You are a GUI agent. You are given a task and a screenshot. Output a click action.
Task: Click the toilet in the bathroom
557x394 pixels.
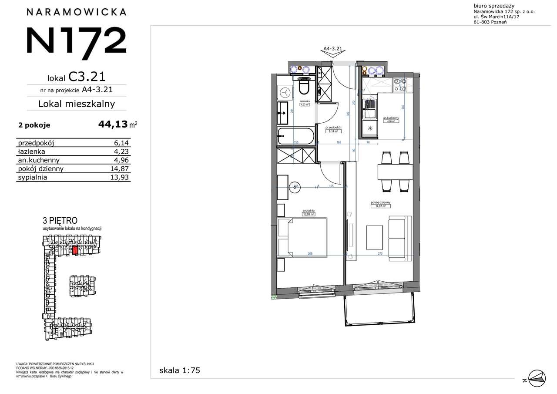(x=304, y=88)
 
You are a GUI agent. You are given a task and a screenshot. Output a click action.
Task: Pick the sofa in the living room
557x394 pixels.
(x=399, y=237)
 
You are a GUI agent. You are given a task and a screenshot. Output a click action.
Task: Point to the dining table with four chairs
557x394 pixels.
(x=395, y=172)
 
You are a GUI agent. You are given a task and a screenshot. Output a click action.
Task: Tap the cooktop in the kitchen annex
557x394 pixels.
(x=370, y=106)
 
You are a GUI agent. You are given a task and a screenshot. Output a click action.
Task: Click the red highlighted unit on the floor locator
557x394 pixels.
(x=75, y=250)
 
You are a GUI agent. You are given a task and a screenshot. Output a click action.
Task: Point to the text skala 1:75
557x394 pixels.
(x=180, y=370)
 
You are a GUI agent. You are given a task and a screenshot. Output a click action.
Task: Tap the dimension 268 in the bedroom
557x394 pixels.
(x=310, y=254)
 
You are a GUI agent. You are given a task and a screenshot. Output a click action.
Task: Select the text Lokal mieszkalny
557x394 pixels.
(x=76, y=104)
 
